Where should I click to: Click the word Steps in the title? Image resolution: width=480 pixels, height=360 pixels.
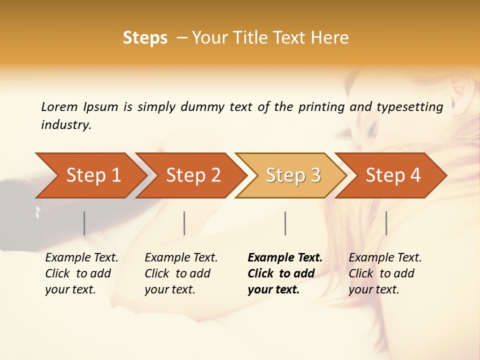click(145, 38)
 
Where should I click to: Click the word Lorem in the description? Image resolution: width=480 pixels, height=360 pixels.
click(59, 106)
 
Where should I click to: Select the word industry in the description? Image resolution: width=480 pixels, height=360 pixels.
click(66, 125)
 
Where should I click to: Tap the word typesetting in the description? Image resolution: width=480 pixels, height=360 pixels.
click(409, 107)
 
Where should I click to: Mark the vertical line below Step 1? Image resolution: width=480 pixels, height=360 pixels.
click(84, 223)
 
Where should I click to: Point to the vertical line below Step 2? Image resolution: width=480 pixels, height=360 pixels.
click(184, 223)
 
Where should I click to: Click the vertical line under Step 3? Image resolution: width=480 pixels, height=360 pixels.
click(285, 223)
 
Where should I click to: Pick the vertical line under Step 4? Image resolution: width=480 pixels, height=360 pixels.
click(386, 223)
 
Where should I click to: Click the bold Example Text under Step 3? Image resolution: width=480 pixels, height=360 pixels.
click(285, 258)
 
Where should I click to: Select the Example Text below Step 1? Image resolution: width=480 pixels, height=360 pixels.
click(81, 258)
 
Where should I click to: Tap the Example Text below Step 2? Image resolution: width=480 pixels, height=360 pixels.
click(181, 258)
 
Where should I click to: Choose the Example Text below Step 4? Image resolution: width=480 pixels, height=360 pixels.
click(385, 258)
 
